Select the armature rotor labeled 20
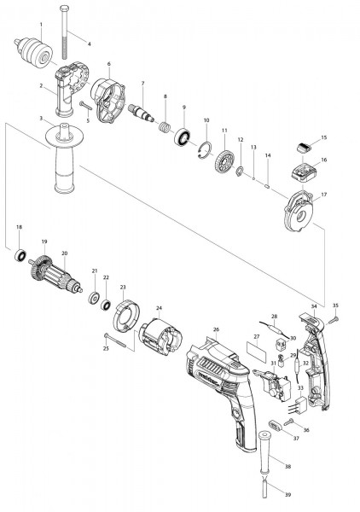coord(56,277)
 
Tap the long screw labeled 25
coord(117,340)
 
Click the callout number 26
coord(216,329)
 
